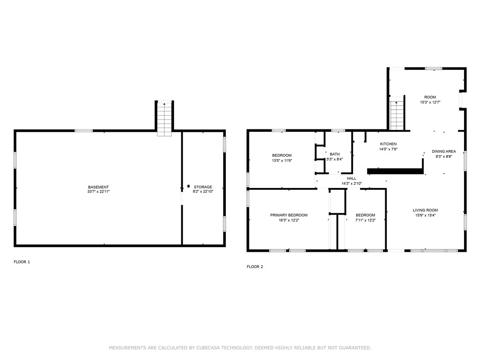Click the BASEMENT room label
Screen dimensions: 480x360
click(98, 187)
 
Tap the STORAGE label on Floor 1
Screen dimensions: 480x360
click(203, 187)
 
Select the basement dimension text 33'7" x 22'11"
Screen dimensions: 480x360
click(98, 192)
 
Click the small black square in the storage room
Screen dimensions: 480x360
click(188, 186)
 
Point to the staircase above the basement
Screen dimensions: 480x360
click(165, 119)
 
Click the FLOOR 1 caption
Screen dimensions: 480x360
click(22, 262)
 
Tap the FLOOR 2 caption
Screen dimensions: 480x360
click(255, 267)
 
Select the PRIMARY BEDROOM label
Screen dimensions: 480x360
click(289, 215)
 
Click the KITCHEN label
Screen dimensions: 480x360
click(388, 144)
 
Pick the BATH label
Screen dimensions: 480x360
click(335, 154)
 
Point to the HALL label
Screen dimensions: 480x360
click(352, 179)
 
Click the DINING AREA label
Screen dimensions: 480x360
click(443, 151)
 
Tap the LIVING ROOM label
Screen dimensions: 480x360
click(425, 210)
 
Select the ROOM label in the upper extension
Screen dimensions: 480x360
click(430, 97)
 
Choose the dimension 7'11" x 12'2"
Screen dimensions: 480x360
click(365, 220)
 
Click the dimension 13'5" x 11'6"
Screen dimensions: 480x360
click(282, 160)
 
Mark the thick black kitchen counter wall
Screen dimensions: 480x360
click(395, 171)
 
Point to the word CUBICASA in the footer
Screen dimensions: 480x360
click(208, 348)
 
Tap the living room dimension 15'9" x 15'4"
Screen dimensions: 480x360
click(425, 215)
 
